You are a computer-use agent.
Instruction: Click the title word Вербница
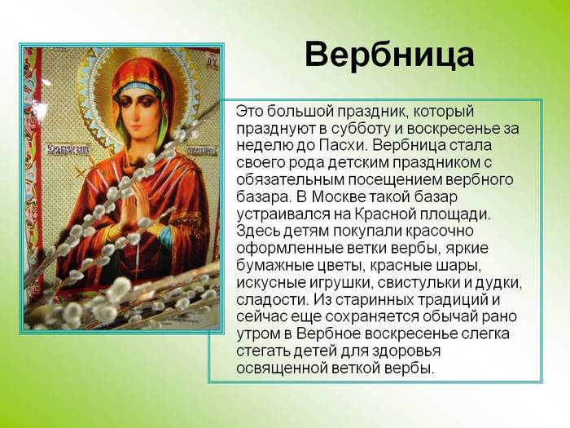tap(389, 55)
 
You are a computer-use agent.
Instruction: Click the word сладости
tap(273, 300)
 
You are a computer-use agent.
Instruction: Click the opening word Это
tap(249, 112)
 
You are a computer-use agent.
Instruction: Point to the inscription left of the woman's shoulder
tap(69, 150)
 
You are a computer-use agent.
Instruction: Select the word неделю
tap(258, 146)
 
